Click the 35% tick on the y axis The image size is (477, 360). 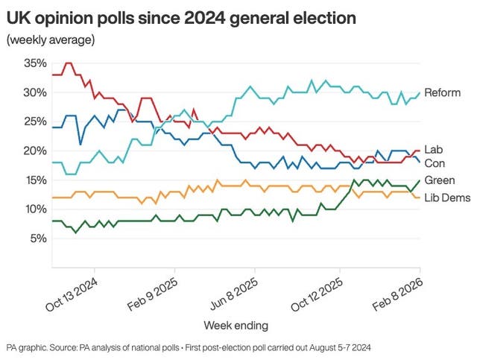tap(35, 63)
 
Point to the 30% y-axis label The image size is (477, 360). tap(35, 92)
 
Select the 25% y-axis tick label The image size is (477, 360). tap(35, 121)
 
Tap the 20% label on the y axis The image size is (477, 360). tap(35, 151)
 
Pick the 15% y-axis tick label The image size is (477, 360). tap(35, 180)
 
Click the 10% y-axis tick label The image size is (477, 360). tap(35, 209)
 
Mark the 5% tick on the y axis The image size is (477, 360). tap(38, 239)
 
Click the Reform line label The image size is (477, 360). tap(443, 92)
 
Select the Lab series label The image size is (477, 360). tap(433, 150)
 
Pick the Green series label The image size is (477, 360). tap(439, 180)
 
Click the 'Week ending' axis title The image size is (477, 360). tap(236, 325)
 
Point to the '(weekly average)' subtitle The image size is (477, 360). tap(50, 40)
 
